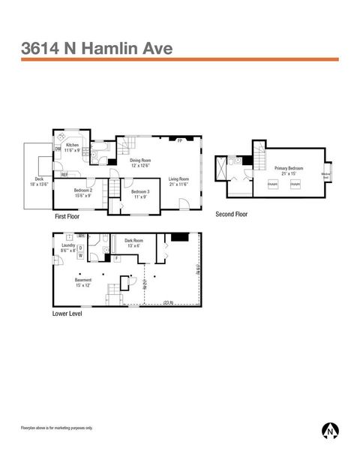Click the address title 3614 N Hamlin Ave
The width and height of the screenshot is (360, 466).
(x=97, y=49)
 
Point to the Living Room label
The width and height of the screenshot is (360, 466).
(x=178, y=180)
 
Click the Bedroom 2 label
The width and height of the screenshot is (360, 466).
(x=83, y=192)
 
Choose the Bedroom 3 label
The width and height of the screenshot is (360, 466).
(x=140, y=194)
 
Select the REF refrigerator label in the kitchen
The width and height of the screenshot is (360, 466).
(x=64, y=174)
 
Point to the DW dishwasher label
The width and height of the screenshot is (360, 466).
(x=58, y=149)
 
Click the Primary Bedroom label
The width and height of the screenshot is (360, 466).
(x=289, y=170)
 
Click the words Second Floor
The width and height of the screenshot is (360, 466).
(x=232, y=214)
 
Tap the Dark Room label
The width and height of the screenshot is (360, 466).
(x=134, y=243)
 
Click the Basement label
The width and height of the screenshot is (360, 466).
(x=82, y=282)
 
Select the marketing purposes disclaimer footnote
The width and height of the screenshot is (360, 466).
(x=57, y=428)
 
